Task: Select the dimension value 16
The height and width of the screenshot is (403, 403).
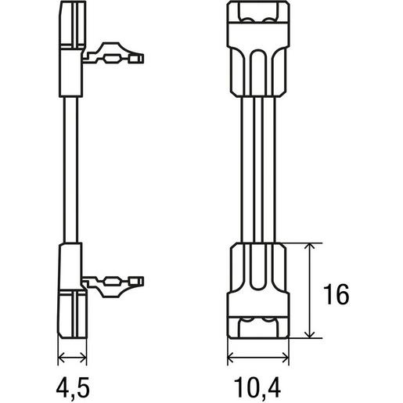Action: click(336, 294)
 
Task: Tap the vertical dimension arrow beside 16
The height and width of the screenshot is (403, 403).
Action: click(310, 290)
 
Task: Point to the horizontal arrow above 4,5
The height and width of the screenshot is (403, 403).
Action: click(72, 358)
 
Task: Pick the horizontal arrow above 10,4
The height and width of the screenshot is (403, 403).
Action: click(258, 358)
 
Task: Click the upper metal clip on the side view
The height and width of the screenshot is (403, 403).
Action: click(113, 53)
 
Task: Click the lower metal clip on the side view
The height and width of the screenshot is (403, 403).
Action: click(113, 286)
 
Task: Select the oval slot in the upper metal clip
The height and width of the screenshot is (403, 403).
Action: click(113, 59)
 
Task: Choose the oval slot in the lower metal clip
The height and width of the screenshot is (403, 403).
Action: click(113, 281)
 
